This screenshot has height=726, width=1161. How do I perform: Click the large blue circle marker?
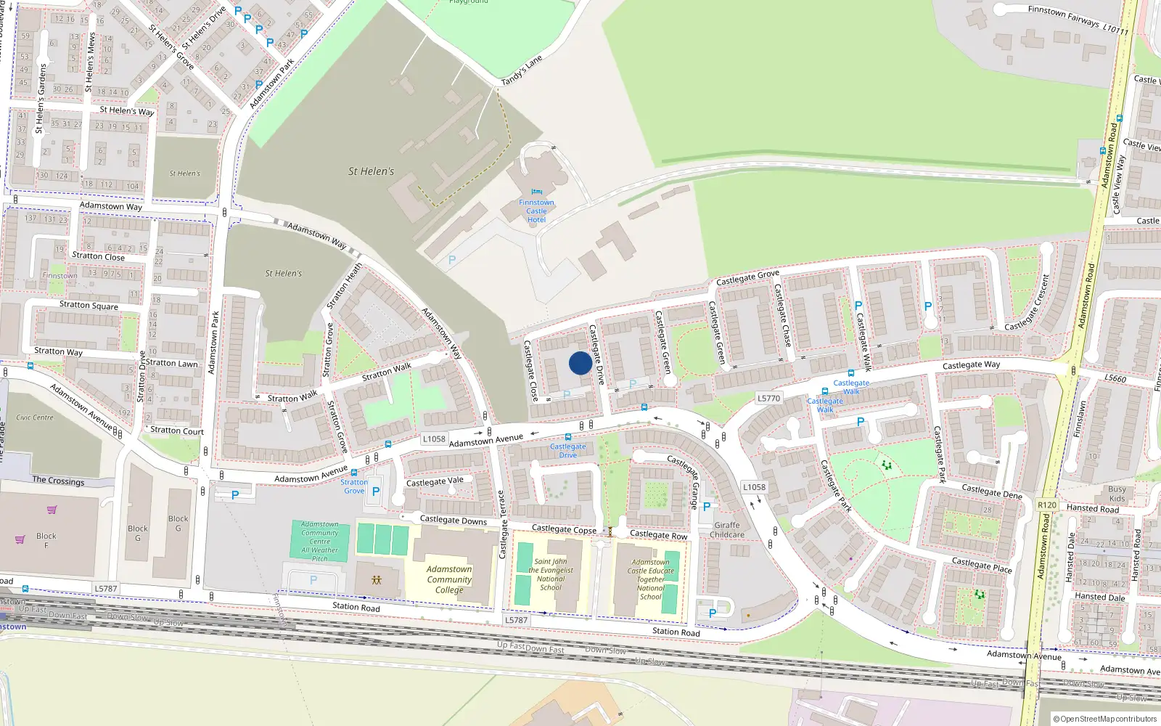tap(580, 363)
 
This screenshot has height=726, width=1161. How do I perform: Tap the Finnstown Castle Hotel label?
tap(536, 211)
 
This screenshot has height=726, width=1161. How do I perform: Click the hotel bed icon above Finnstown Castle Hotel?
tap(536, 192)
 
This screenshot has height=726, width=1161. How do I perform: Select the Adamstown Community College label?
tap(449, 579)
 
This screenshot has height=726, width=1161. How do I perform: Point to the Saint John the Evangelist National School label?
tap(551, 574)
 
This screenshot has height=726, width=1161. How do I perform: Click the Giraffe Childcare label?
tap(727, 530)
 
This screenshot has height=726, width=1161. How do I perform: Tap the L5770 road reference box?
tap(768, 398)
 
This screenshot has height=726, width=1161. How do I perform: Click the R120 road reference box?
tap(1047, 505)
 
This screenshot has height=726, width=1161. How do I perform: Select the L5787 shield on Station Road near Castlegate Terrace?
tap(516, 620)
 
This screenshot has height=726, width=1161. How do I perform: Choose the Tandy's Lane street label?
tap(522, 70)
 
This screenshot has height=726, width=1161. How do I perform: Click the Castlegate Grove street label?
tap(747, 277)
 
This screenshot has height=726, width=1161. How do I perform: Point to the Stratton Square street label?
tap(89, 305)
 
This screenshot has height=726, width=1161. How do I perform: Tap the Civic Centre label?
tap(35, 417)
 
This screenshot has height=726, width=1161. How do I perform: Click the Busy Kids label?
tap(1117, 494)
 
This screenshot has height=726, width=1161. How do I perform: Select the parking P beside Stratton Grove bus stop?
tap(376, 492)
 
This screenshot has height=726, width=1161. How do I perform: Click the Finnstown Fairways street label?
tap(1078, 20)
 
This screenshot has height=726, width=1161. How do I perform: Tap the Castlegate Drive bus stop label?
tap(567, 451)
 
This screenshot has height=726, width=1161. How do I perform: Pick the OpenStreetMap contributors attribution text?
tap(1104, 719)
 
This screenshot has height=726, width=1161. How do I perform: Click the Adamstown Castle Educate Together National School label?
tap(651, 579)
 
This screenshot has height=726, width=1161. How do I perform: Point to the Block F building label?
tap(46, 540)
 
